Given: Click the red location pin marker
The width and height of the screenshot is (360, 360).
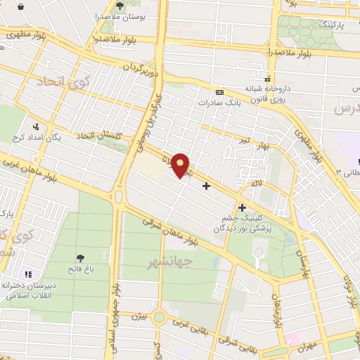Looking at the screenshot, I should (181, 165).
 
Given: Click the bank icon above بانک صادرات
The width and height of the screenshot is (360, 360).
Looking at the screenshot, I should (220, 92).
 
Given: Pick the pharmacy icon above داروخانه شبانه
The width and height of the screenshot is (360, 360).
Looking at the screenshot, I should (266, 77).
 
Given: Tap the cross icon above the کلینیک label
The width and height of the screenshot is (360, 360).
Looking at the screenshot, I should (243, 207).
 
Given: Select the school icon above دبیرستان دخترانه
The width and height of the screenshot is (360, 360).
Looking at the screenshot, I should (29, 274).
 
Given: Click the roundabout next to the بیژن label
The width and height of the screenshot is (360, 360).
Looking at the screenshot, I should (160, 317).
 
